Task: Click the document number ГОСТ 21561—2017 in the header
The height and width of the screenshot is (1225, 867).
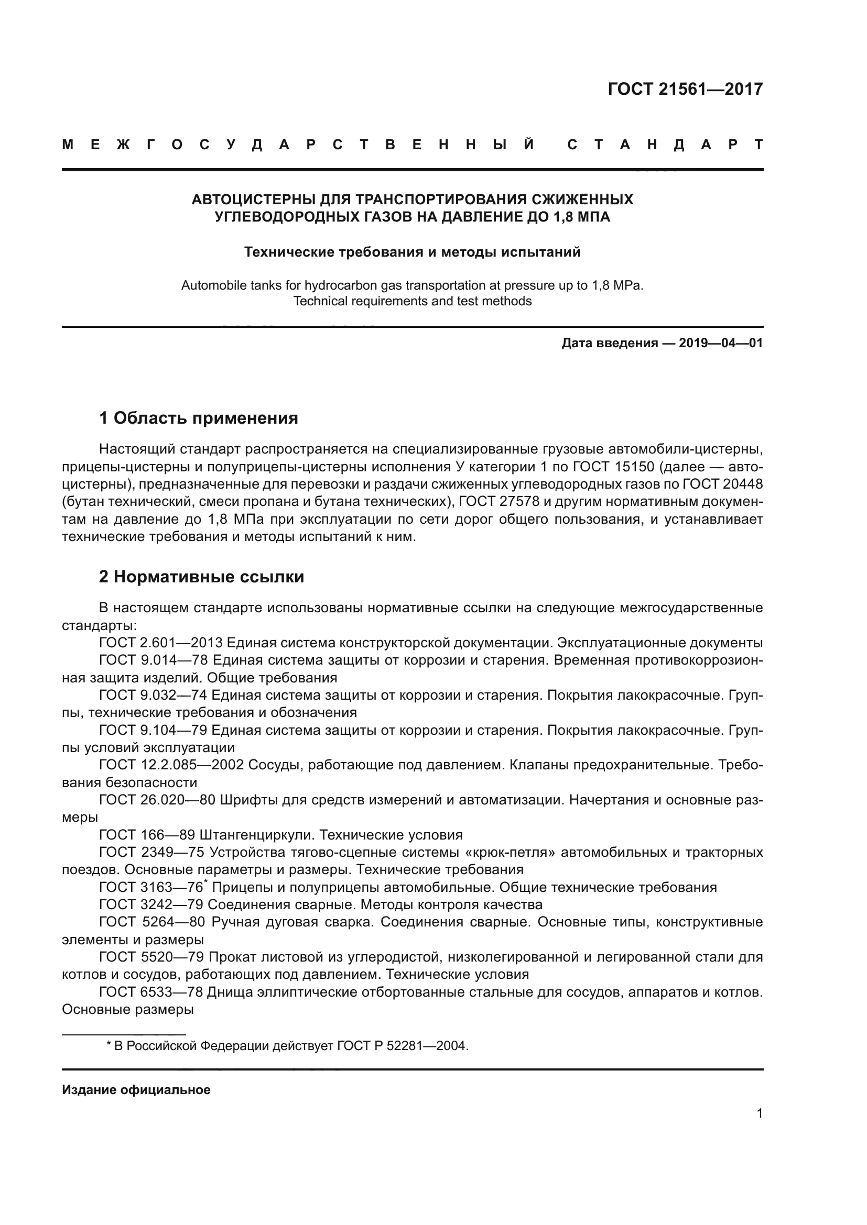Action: tap(685, 89)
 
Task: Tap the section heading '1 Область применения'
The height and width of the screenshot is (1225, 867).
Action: tap(199, 418)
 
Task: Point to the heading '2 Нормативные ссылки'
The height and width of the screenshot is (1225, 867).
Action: tap(201, 577)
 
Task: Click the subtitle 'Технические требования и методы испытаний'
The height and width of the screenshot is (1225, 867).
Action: tap(412, 252)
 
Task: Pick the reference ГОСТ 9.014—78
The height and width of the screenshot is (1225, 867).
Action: tap(153, 660)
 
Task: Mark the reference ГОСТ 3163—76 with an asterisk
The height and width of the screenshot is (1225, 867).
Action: tap(151, 888)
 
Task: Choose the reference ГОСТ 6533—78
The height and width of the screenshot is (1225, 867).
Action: tap(150, 992)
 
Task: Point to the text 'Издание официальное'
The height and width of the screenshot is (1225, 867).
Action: tap(136, 1090)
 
